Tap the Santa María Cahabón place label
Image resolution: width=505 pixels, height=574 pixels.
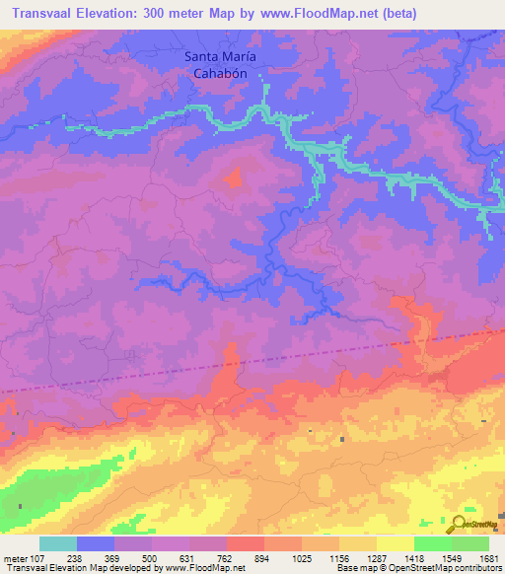pos(226,65)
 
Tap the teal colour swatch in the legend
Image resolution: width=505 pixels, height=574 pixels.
pos(58,543)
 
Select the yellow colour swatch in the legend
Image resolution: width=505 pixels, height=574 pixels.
pos(395,543)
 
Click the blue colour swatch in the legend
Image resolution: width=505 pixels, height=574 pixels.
pos(96,543)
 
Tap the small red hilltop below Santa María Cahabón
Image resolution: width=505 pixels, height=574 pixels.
pos(235,179)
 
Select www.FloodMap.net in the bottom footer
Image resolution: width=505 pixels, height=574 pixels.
pos(197,568)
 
